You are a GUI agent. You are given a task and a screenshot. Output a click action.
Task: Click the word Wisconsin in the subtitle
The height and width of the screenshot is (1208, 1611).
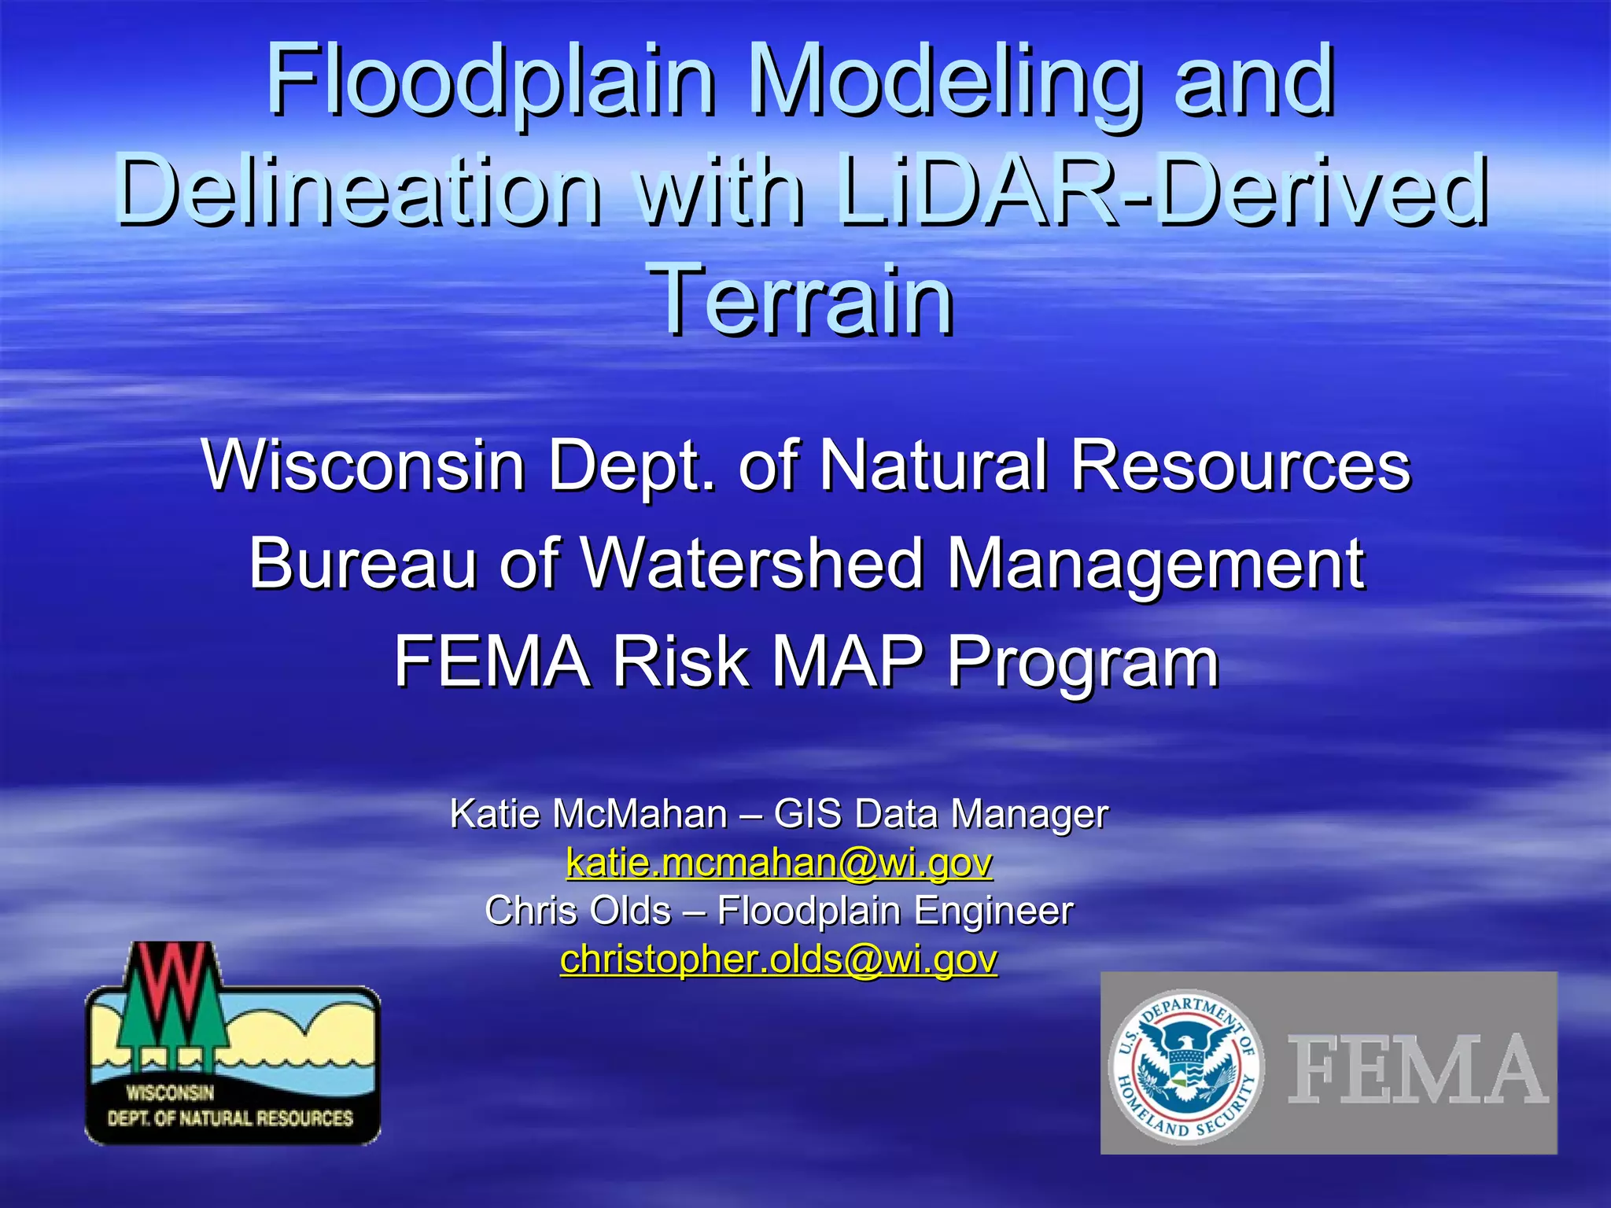[363, 466]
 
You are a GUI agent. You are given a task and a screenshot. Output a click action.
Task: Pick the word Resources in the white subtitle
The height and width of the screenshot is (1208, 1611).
[1241, 466]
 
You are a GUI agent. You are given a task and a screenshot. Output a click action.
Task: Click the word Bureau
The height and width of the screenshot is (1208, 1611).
[363, 563]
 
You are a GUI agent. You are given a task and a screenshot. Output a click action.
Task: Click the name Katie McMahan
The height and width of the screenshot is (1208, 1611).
[588, 813]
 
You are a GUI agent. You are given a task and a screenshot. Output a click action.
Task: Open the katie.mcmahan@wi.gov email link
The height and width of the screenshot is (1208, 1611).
[779, 863]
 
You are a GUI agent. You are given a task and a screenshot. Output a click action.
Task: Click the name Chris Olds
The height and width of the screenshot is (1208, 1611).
[577, 911]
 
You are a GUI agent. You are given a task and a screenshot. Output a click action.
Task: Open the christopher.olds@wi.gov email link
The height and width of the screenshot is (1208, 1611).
[779, 959]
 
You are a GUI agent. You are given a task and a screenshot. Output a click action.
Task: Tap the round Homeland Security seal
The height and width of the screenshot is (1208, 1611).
[1186, 1066]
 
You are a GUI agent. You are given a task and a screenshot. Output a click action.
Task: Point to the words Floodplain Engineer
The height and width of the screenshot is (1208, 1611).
[895, 911]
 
